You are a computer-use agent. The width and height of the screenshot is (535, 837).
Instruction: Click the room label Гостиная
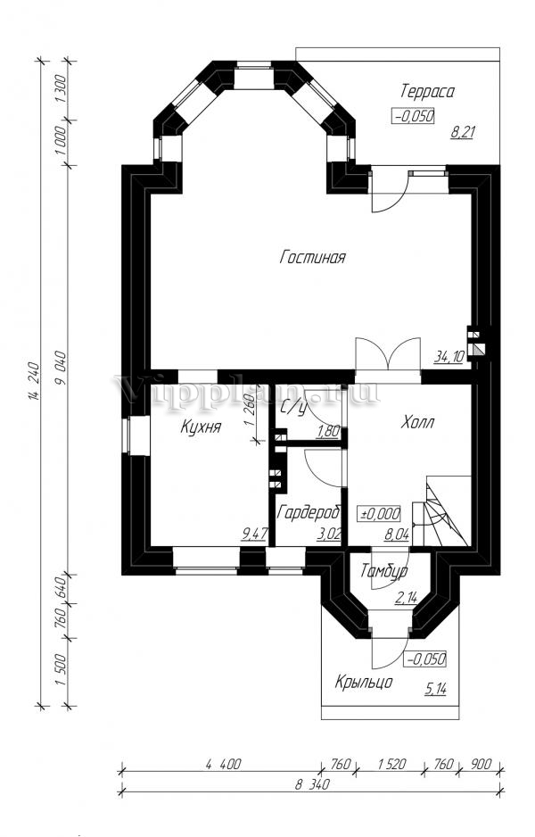point(313,257)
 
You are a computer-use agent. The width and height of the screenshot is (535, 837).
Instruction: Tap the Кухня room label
point(201,427)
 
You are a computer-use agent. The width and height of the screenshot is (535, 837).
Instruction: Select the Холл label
point(417,423)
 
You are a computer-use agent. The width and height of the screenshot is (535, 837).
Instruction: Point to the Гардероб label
point(309,512)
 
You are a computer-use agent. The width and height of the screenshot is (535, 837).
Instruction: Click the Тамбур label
point(384,571)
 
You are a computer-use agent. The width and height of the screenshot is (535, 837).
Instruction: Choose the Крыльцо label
point(365,683)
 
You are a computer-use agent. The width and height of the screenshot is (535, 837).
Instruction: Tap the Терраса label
point(427,91)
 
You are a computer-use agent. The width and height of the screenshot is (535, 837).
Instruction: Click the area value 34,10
point(449,357)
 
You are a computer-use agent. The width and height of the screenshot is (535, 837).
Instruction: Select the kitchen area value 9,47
point(254,533)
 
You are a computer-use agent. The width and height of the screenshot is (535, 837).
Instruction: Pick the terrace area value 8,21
point(462,132)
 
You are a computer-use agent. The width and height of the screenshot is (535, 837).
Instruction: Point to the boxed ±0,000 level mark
point(381,514)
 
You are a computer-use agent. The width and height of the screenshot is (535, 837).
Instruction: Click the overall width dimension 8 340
point(312,784)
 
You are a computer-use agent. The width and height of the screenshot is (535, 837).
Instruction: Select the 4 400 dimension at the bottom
point(223,764)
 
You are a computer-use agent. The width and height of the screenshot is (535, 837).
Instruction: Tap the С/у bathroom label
point(292,408)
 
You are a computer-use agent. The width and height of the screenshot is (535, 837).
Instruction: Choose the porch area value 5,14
point(436,689)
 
